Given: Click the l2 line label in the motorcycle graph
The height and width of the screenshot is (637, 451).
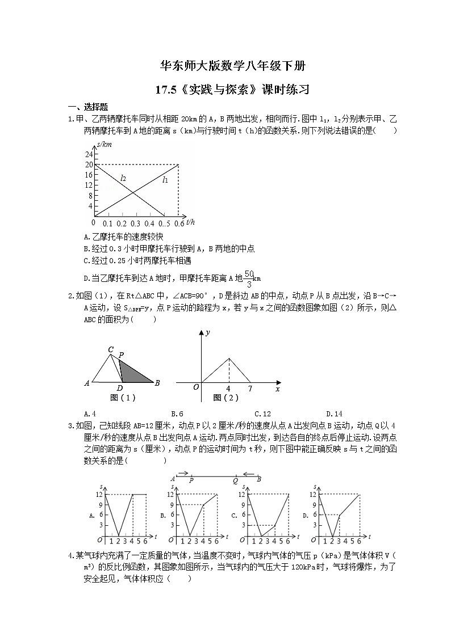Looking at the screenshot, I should pyautogui.click(x=123, y=179).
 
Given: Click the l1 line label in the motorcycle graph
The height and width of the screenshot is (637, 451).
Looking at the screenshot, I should pyautogui.click(x=165, y=180).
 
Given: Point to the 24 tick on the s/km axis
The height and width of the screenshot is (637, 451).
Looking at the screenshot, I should pyautogui.click(x=89, y=154).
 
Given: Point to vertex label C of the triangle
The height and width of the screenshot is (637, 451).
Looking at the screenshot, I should pyautogui.click(x=111, y=349).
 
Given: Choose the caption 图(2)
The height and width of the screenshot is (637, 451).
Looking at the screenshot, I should pyautogui.click(x=226, y=398).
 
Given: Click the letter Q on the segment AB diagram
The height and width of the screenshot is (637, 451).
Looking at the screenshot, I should pyautogui.click(x=235, y=480).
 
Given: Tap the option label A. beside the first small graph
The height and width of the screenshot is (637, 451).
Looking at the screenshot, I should pyautogui.click(x=92, y=516).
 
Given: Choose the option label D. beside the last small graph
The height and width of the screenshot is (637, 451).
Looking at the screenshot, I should pyautogui.click(x=306, y=516).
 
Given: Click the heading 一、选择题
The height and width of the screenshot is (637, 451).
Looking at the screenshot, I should pyautogui.click(x=88, y=106).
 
